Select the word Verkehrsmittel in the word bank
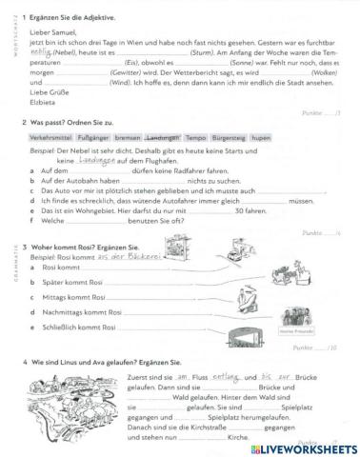tap(50, 138)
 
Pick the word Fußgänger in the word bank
tap(93, 138)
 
